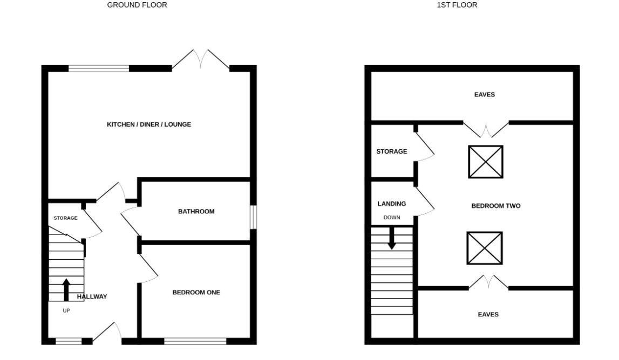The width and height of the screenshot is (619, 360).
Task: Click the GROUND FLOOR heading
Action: (x=137, y=5)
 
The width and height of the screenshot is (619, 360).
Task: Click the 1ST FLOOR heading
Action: (x=457, y=5)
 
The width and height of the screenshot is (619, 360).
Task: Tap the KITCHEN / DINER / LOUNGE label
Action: (x=149, y=124)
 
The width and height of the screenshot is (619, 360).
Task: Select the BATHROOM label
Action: (x=196, y=212)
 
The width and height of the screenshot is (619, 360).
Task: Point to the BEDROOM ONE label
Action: (x=196, y=293)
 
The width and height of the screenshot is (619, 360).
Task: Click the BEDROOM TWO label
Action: (x=496, y=206)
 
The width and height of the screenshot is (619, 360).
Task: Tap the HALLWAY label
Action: (x=92, y=297)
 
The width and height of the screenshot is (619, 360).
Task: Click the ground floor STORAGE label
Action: (x=65, y=218)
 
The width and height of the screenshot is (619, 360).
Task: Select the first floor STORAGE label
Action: (x=392, y=151)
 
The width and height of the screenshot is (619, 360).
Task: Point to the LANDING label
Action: (x=392, y=204)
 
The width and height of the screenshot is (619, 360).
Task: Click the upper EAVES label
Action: (x=485, y=95)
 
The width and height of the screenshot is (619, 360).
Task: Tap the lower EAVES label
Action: (x=488, y=314)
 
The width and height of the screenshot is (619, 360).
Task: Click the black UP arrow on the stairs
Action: (x=66, y=289)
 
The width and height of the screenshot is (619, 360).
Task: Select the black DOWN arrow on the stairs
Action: (x=392, y=238)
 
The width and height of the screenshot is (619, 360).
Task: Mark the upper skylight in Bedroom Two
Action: (x=486, y=162)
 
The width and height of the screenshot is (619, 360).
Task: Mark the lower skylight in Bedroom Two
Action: (x=485, y=248)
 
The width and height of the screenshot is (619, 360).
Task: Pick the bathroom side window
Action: (x=253, y=217)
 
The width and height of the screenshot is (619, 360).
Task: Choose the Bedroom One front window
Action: (x=195, y=341)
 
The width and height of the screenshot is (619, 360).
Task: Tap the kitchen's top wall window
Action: (x=99, y=68)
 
